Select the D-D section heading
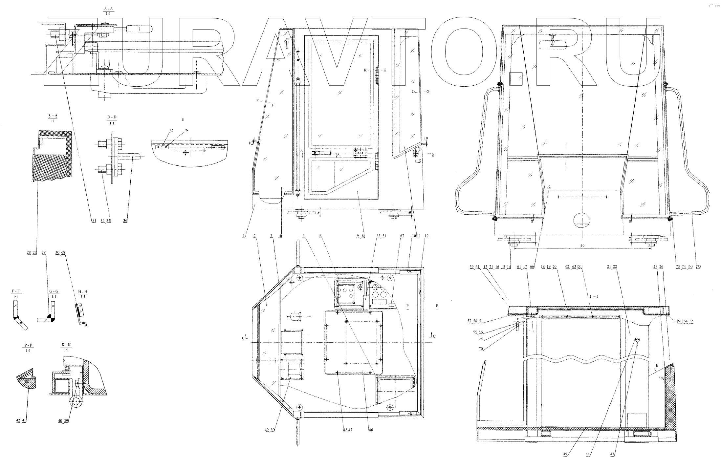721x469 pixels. click(x=112, y=117)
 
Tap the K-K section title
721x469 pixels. click(x=66, y=345)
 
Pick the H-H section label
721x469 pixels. click(x=83, y=292)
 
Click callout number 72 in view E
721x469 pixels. click(x=171, y=130)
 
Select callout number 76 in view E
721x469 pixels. click(x=186, y=130)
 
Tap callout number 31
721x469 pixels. click(x=94, y=221)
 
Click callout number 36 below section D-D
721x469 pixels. click(x=125, y=221)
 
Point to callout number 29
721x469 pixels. click(x=44, y=252)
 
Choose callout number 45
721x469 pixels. click(x=565, y=454)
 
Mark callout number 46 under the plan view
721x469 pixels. click(x=371, y=430)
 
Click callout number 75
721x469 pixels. click(x=699, y=267)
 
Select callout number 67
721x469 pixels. click(x=402, y=236)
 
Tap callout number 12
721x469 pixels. click(x=426, y=236)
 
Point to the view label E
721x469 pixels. click(x=183, y=119)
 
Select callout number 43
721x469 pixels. click(x=612, y=454)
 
